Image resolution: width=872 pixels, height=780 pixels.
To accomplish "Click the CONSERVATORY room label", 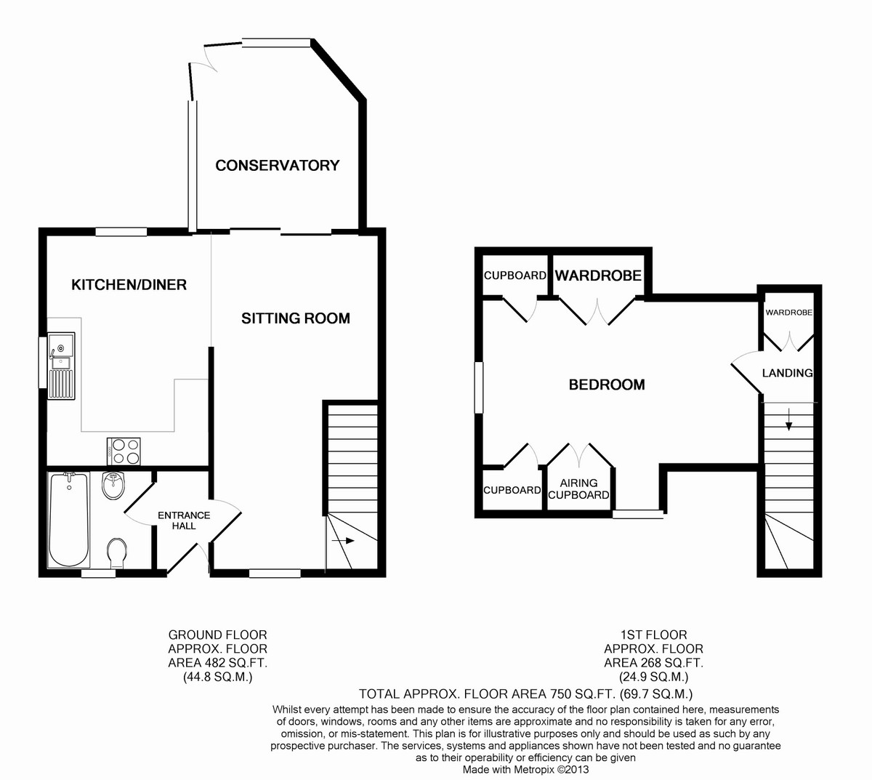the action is point(277,166).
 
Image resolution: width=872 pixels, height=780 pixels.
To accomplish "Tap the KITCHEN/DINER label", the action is point(129,285).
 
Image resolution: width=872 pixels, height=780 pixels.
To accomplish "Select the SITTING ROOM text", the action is point(295,318).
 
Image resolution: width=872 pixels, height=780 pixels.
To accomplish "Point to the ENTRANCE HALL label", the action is point(184,520).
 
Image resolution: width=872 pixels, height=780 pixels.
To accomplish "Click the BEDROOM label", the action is point(607,385).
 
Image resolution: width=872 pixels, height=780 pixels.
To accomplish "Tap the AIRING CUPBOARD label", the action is point(578,488).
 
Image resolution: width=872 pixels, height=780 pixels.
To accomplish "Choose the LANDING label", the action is point(787,373).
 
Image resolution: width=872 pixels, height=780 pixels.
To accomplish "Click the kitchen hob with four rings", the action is point(124,451).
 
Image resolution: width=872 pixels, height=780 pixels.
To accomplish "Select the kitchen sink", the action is point(62,365).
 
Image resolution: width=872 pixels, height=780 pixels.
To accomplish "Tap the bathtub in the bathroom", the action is point(69,520).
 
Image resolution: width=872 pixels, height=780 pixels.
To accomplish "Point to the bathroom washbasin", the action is point(114,486).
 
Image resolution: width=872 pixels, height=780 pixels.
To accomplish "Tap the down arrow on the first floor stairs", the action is point(788,419).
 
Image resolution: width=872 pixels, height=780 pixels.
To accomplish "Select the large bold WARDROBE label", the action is point(598,276).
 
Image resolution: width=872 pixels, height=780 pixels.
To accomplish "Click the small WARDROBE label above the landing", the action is point(788,313).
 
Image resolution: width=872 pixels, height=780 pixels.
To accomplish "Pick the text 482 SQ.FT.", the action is point(233,662).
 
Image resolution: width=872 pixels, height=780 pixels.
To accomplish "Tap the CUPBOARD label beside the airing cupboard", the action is point(512,490).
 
